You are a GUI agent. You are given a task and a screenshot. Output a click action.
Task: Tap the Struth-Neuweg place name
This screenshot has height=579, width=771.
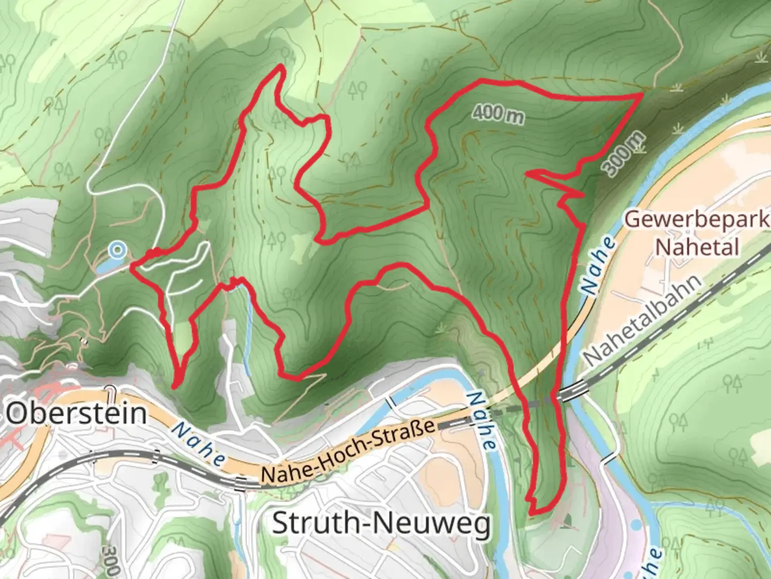(x=381, y=523)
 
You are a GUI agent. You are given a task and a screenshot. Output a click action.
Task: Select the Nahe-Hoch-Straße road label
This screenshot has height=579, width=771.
(x=347, y=451)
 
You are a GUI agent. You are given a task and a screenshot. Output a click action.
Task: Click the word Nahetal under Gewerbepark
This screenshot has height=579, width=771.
(x=697, y=247)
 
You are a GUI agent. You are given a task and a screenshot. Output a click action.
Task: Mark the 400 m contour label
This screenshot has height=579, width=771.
(x=498, y=114)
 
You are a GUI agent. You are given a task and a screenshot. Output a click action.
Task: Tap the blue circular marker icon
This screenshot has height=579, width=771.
(x=117, y=249)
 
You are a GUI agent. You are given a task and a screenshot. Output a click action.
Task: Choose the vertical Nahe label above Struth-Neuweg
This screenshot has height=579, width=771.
(x=480, y=421)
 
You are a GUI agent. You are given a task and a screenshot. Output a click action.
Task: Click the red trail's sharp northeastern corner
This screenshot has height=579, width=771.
(x=641, y=94)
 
